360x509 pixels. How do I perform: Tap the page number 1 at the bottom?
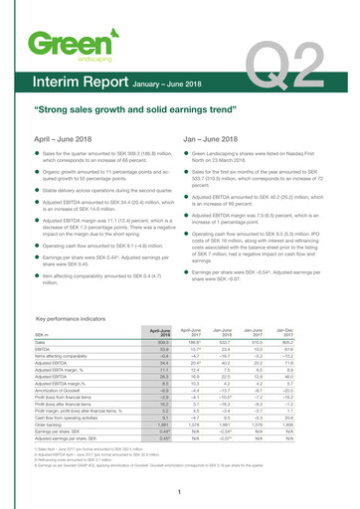(179, 491)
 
